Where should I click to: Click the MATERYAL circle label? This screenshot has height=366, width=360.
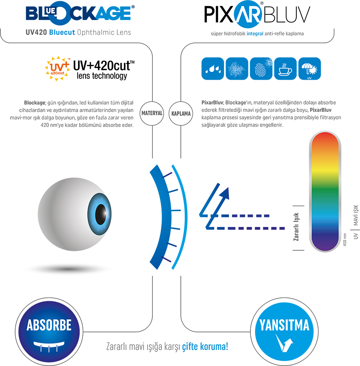point(152,113)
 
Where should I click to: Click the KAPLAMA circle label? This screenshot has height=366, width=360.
point(181,114)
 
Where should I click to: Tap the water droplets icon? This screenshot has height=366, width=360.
point(213,68)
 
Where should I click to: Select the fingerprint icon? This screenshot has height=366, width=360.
point(261,68)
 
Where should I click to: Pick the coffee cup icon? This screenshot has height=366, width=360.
point(285,68)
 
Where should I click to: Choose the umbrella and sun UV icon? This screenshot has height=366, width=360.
point(310,68)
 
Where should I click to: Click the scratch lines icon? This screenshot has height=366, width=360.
point(237,68)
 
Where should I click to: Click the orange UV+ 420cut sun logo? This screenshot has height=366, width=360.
point(58,68)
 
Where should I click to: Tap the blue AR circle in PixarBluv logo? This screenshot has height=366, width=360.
point(248,14)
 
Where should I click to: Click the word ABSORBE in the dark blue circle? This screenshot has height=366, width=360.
point(49,325)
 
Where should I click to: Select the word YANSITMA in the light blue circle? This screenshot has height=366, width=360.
point(284,325)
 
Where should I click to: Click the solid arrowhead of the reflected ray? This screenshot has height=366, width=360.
point(224,194)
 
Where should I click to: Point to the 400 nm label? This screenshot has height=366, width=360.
point(345,239)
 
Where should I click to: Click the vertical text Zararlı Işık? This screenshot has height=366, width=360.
point(296,227)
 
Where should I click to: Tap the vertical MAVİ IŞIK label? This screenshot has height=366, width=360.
point(356,215)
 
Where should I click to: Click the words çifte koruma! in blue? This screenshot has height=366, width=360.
point(205,346)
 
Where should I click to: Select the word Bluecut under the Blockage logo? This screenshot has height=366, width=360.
point(62,32)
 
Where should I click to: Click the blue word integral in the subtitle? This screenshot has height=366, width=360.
point(255,34)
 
